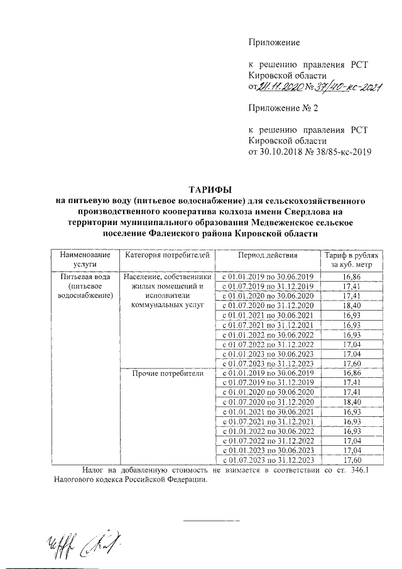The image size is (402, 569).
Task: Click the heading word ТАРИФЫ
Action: click(x=210, y=189)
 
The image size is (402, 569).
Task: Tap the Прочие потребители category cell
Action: click(x=166, y=373)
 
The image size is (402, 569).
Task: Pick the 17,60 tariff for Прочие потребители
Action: click(x=351, y=460)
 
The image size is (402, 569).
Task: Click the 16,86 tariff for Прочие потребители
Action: click(x=351, y=373)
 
